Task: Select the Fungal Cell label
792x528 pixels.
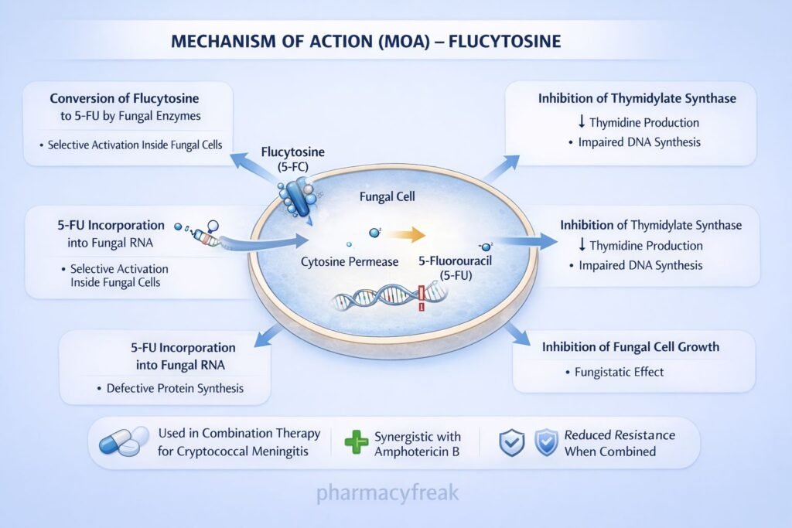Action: tap(387, 197)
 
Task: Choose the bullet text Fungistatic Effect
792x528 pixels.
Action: tap(619, 372)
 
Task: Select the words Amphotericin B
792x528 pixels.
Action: tap(417, 451)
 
